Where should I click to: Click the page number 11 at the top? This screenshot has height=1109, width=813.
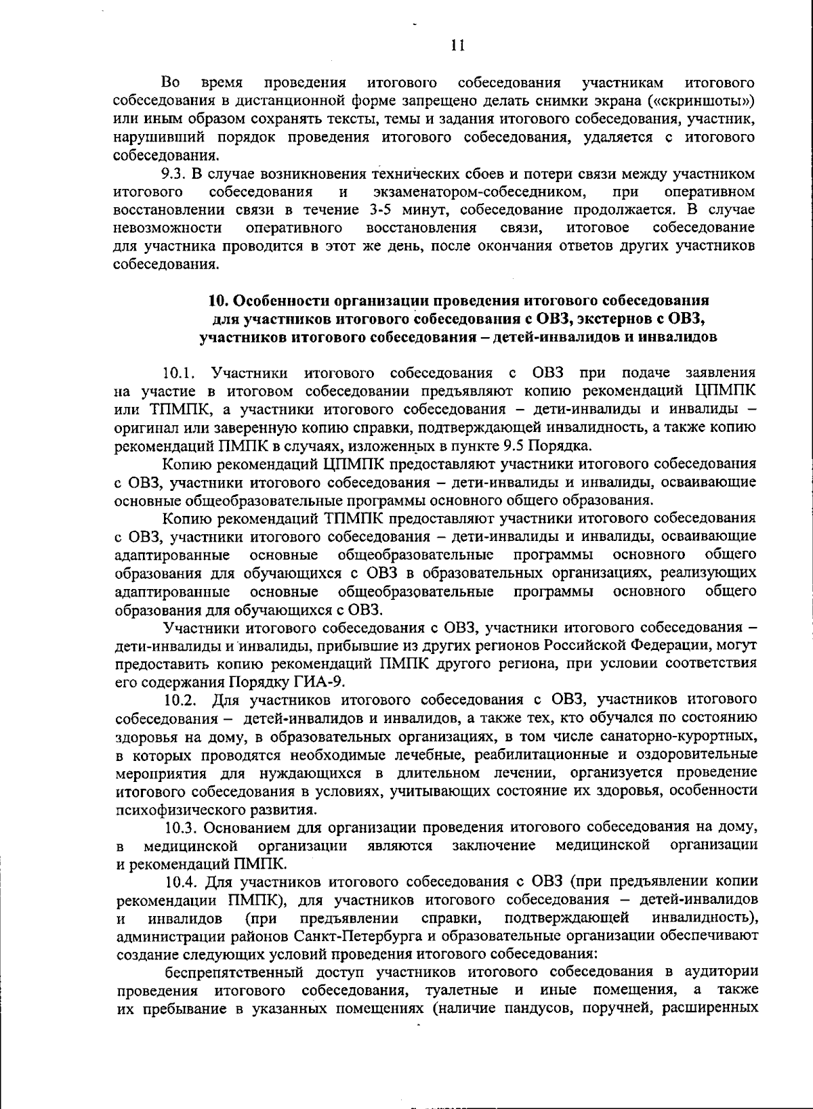tap(457, 45)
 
